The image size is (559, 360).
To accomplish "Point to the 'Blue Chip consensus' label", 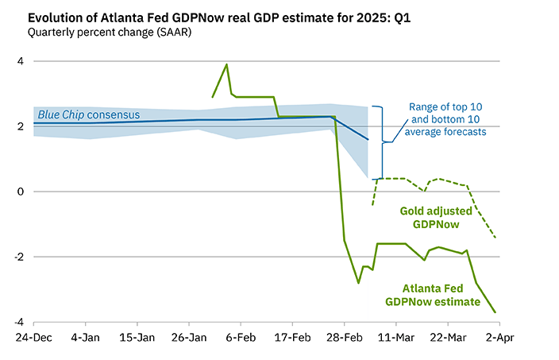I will point(89,115).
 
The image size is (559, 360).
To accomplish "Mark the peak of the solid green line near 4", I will point(227,64).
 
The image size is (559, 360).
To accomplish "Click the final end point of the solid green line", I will point(496,312).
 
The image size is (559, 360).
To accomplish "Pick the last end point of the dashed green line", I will point(496,238).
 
